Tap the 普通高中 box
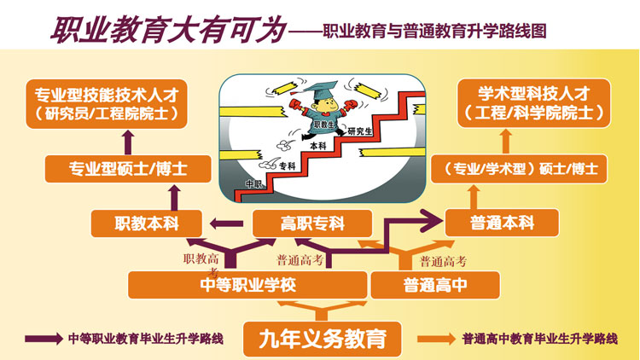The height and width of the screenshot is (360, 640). click(434, 284)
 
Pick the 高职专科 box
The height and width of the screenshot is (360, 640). click(312, 224)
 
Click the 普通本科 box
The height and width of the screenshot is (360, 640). click(502, 224)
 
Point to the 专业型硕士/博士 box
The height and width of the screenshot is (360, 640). click(127, 168)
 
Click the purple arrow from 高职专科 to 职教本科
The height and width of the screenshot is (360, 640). click(227, 224)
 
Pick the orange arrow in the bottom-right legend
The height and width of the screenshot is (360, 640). click(438, 339)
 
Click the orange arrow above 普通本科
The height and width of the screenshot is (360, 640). click(503, 195)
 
